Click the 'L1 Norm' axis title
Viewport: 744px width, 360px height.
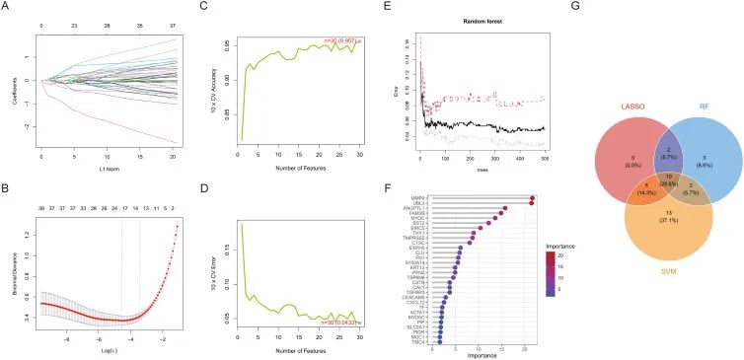pyautogui.click(x=111, y=171)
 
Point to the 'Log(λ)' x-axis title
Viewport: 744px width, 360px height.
pyautogui.click(x=111, y=349)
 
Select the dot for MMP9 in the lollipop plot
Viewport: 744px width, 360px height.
pyautogui.click(x=531, y=197)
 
